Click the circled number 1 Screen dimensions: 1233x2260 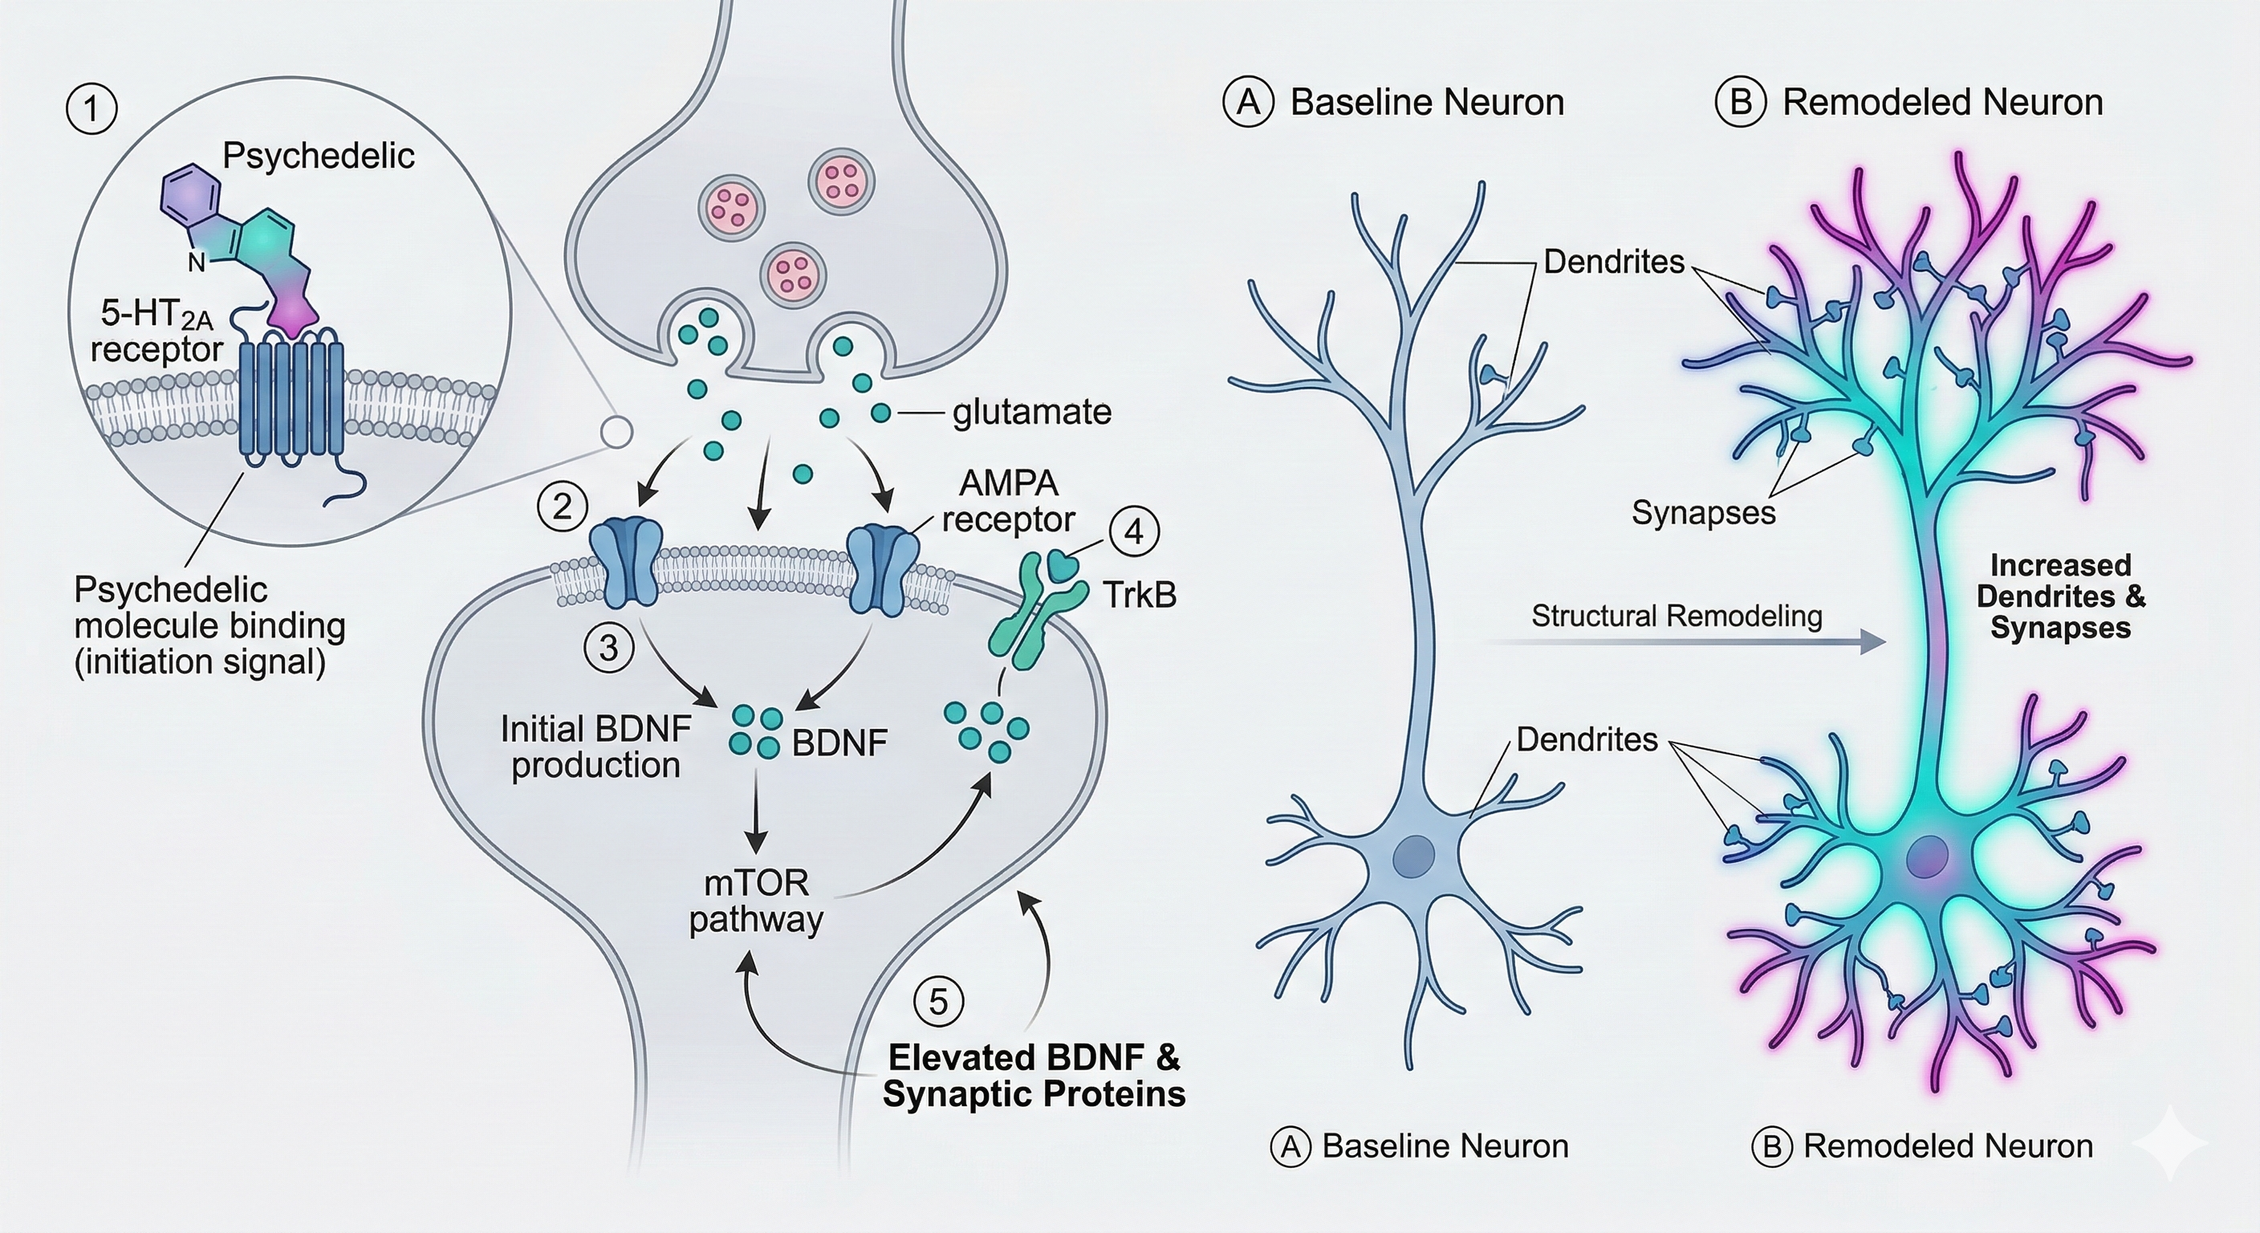click(91, 109)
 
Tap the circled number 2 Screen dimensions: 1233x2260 click(562, 507)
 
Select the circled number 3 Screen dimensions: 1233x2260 click(608, 649)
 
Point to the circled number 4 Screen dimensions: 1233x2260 click(1133, 531)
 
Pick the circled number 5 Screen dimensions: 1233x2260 click(938, 1001)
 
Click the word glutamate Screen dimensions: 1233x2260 click(1032, 412)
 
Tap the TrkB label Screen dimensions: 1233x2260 click(1139, 596)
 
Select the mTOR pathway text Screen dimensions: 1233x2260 click(756, 901)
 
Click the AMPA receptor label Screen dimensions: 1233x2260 click(1008, 501)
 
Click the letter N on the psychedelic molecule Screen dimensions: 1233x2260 click(197, 262)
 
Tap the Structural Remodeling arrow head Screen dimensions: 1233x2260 click(1873, 642)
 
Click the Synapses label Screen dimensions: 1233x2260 click(1703, 512)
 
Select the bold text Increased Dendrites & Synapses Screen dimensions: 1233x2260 click(2060, 596)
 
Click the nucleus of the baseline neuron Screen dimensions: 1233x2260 click(1414, 853)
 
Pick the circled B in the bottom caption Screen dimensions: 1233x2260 click(1771, 1147)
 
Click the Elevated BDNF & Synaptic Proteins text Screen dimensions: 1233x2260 click(1034, 1076)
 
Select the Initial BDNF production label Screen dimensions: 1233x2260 click(595, 747)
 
